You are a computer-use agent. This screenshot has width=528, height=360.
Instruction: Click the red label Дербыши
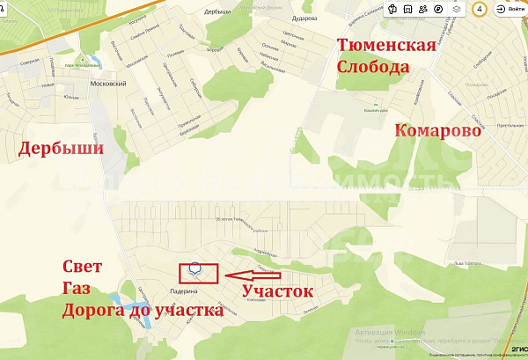pyautogui.click(x=60, y=149)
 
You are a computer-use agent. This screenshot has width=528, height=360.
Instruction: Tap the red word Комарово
pyautogui.click(x=437, y=130)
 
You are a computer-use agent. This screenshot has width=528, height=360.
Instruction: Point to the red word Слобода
pyautogui.click(x=373, y=68)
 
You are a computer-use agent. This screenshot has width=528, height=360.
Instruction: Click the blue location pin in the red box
pyautogui.click(x=196, y=268)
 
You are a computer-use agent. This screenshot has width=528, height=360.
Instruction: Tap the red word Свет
pyautogui.click(x=83, y=267)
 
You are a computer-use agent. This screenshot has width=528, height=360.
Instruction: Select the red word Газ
pyautogui.click(x=77, y=289)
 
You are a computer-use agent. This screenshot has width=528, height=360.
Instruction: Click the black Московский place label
pyautogui.click(x=108, y=84)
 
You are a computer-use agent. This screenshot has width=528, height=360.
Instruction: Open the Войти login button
pyautogui.click(x=511, y=9)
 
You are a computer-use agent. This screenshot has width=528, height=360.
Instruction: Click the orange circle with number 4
pyautogui.click(x=479, y=9)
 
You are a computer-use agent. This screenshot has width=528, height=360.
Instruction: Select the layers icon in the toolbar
pyautogui.click(x=457, y=9)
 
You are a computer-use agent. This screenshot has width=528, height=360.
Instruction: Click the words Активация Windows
pyautogui.click(x=389, y=333)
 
